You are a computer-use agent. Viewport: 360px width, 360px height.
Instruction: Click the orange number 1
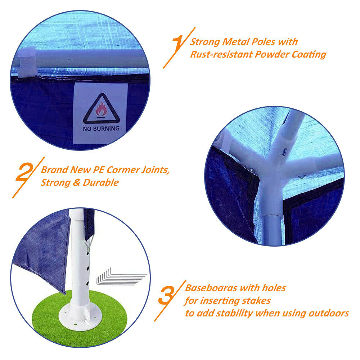[177, 44]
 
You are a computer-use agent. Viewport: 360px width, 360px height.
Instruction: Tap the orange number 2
[26, 172]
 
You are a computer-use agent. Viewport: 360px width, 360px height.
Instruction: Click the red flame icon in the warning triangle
[101, 109]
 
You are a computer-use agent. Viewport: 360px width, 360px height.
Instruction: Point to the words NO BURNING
[101, 129]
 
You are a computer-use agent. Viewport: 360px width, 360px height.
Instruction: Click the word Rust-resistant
[221, 54]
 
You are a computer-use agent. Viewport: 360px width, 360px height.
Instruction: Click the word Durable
[101, 183]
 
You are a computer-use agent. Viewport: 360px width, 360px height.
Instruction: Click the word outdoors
[329, 313]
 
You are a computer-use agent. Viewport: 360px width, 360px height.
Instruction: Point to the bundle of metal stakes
[121, 278]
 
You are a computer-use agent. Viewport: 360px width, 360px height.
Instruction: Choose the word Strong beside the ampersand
[55, 183]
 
